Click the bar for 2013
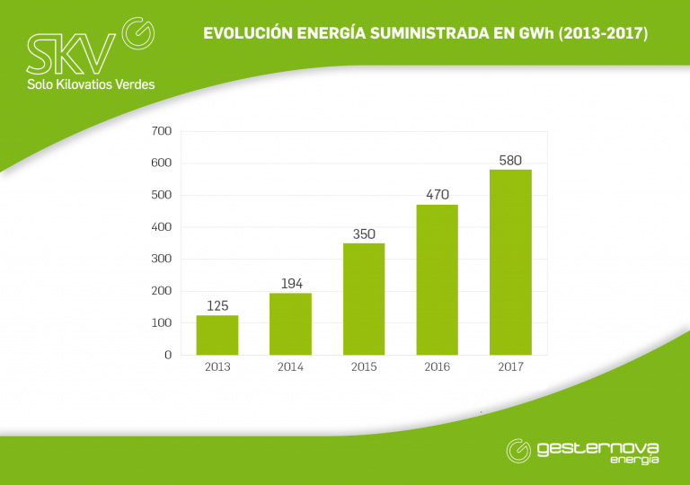point(217,335)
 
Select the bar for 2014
point(290,323)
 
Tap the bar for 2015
point(364,298)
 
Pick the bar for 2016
point(438,279)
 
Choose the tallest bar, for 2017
point(510,261)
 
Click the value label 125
point(217,306)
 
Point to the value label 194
point(290,284)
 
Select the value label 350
point(364,234)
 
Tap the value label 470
point(438,195)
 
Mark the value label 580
point(510,160)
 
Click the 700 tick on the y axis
point(162,131)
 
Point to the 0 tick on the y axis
point(167,355)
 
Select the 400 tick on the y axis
point(162,227)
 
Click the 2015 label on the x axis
point(364,367)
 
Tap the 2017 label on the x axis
point(510,367)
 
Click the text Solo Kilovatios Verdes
point(91,84)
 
